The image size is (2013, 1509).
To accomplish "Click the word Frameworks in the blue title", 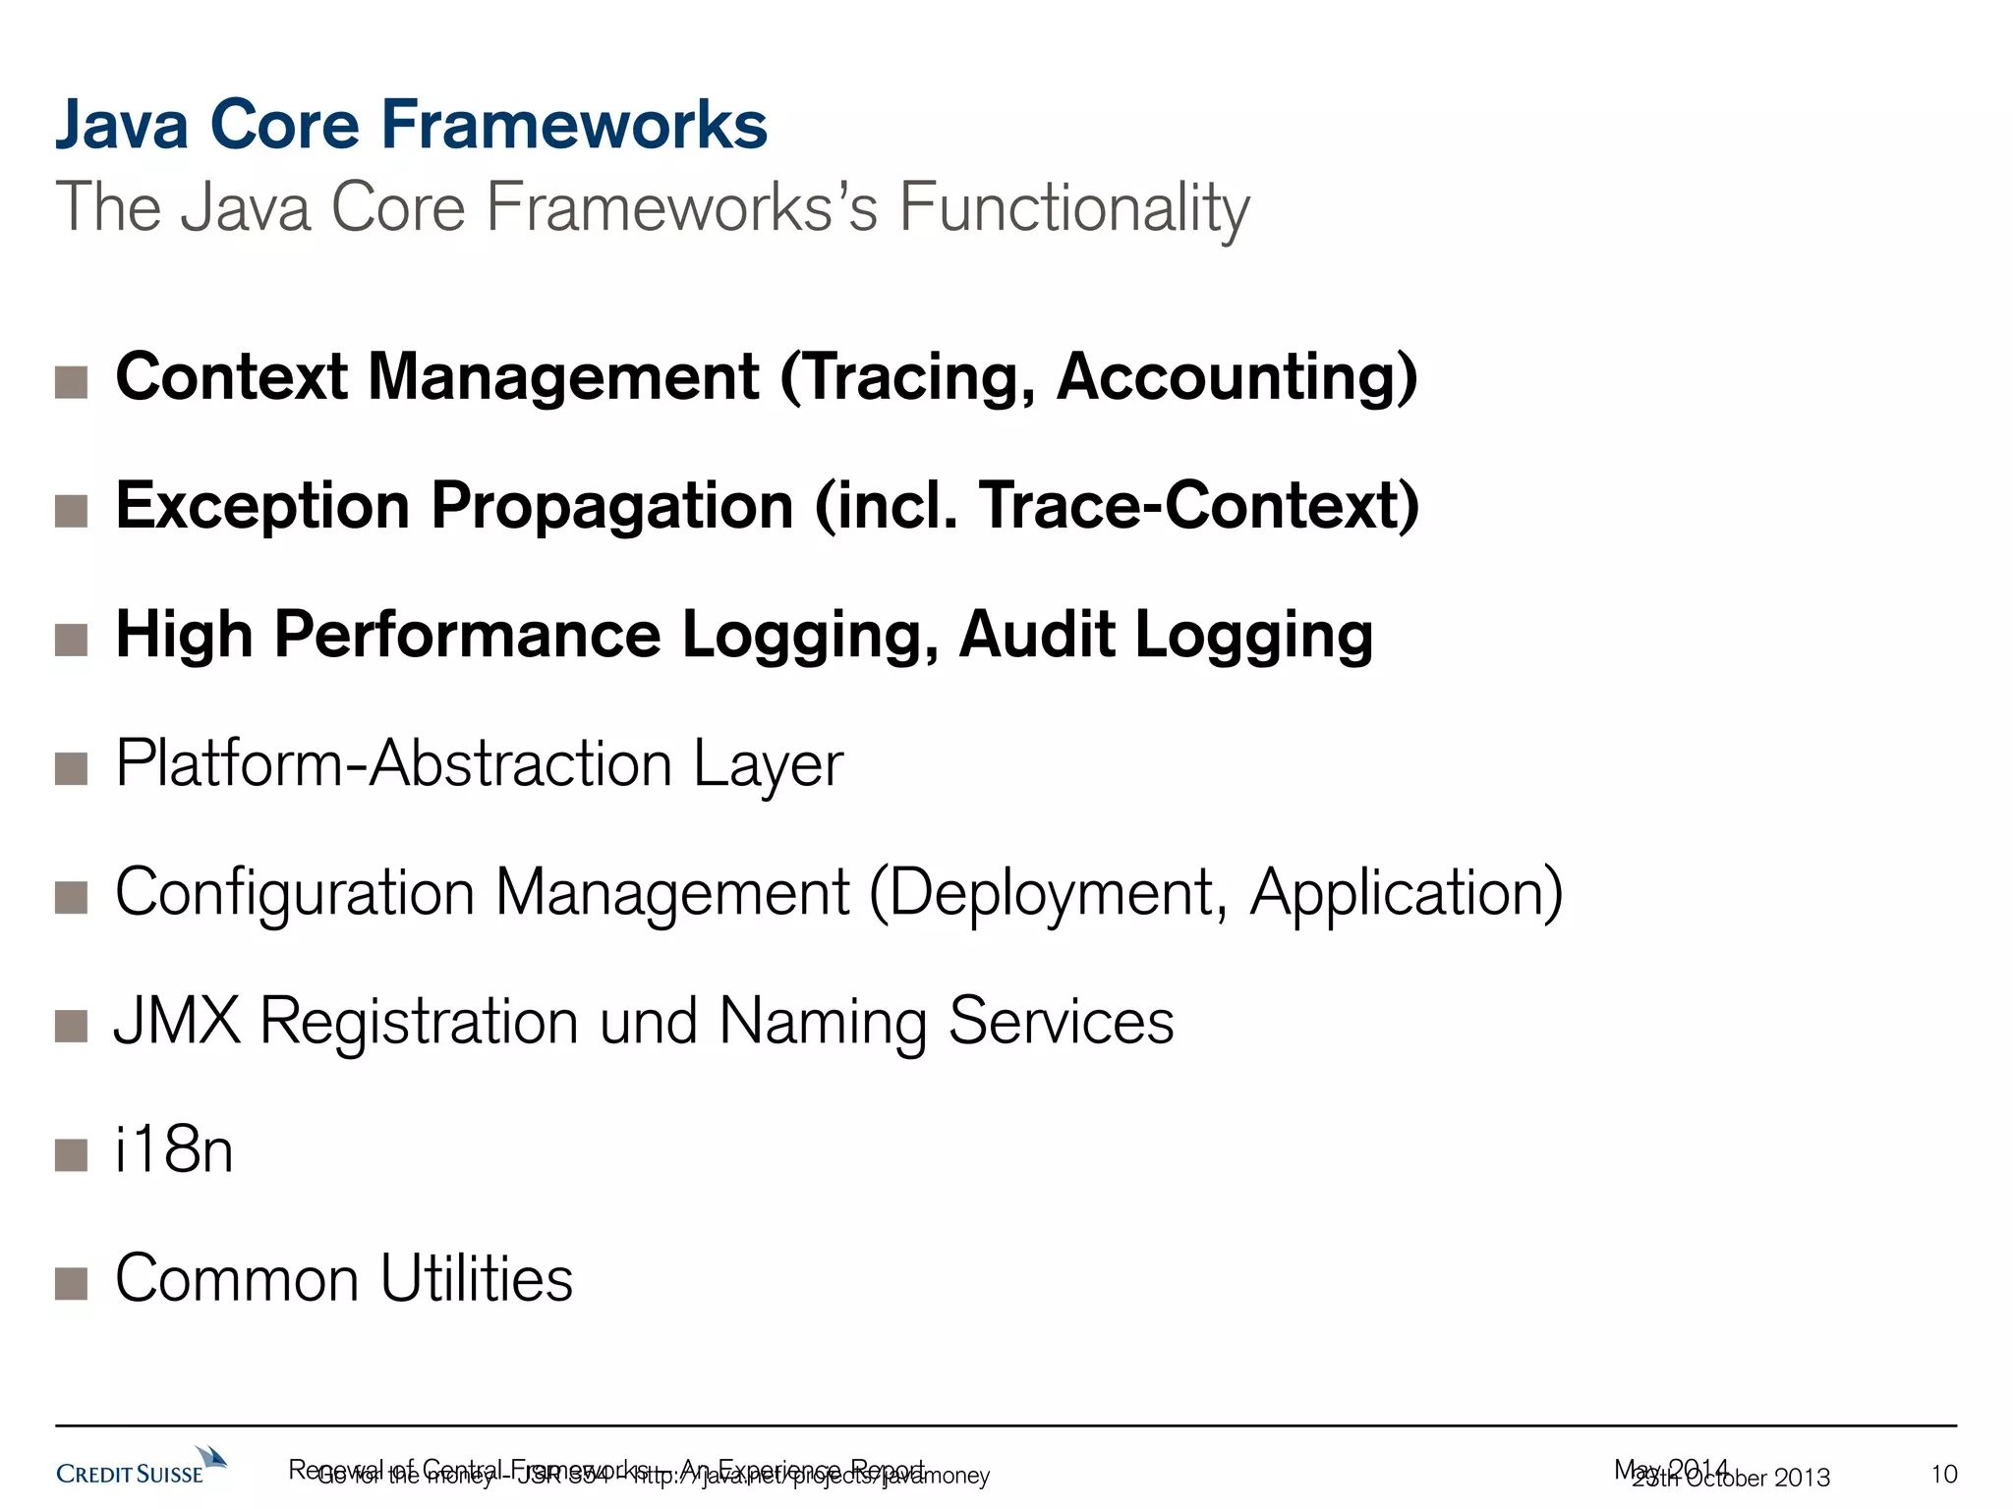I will coord(573,126).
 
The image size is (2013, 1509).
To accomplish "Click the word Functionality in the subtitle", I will coord(1073,208).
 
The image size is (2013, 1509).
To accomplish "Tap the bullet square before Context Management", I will coord(72,382).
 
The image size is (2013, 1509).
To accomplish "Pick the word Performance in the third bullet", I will coord(467,636).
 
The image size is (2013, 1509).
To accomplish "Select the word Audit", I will coord(1037,636).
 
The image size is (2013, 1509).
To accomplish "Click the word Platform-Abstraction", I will coord(393,764).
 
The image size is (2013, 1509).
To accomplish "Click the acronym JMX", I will coord(178,1022).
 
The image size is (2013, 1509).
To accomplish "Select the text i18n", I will coord(174,1150).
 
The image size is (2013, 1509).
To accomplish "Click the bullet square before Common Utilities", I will coord(72,1283).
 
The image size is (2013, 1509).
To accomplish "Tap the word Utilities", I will coord(477,1279).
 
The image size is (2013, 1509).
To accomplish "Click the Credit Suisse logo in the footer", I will coord(141,1467).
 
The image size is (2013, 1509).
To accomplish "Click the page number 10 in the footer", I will coord(1944,1475).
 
